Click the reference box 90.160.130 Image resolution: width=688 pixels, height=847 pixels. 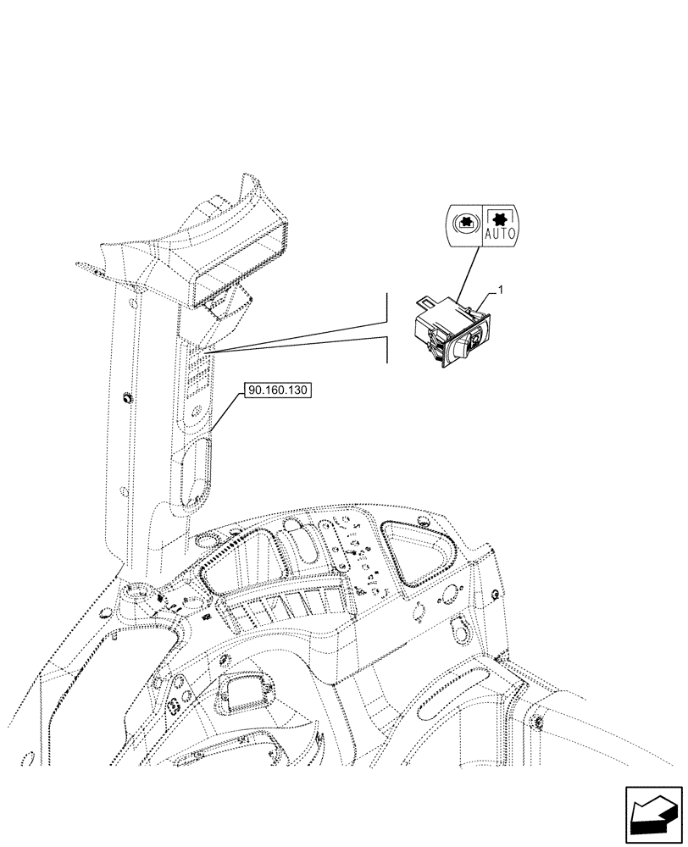tap(278, 390)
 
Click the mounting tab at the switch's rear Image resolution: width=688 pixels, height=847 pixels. tap(425, 299)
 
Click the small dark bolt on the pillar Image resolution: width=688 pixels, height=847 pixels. tap(128, 398)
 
